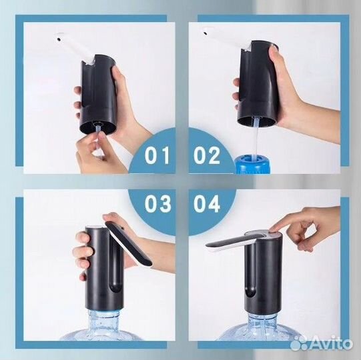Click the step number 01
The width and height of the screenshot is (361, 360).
coord(157,155)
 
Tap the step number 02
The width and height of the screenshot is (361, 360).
coord(207,155)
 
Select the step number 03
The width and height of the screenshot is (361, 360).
coord(158,203)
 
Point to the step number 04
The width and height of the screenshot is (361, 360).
coord(207,203)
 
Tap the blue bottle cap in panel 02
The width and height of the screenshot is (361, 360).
coord(252,164)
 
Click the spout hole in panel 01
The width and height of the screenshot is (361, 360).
coord(59,39)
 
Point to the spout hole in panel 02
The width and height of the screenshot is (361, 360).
coord(205,33)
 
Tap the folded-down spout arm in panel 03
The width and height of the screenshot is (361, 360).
coord(129,243)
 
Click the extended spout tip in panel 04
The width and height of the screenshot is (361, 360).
coord(210,246)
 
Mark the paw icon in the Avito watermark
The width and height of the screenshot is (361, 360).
coord(298,343)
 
